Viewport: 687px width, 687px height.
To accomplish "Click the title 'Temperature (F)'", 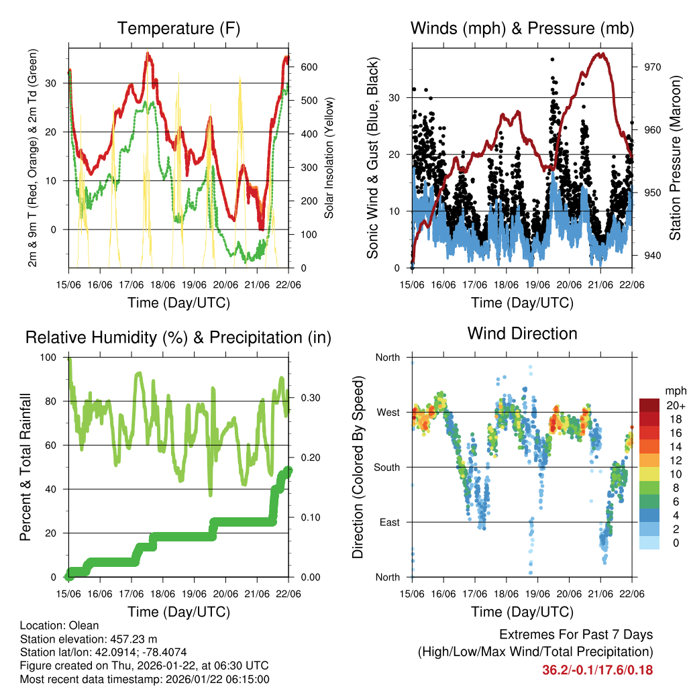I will [178, 28].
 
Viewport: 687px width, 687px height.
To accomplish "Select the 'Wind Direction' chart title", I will [522, 333].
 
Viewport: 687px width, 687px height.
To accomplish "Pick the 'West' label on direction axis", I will [388, 412].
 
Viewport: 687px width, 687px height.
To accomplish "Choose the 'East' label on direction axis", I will [389, 522].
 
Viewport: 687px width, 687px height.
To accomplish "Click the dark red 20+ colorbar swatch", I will [650, 405].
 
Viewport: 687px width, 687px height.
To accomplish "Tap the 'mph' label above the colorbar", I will [674, 390].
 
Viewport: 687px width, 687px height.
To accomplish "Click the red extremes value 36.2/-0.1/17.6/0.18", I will [597, 670].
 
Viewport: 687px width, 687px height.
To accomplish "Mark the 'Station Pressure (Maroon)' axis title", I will [675, 158].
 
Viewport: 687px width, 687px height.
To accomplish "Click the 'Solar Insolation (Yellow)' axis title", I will [329, 158].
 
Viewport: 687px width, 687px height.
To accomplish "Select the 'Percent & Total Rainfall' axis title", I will [24, 467].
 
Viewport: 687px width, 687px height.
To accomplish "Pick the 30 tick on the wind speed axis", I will [394, 98].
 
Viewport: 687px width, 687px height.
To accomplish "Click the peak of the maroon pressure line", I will [602, 54].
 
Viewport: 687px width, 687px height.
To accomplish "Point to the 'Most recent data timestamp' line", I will [144, 679].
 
